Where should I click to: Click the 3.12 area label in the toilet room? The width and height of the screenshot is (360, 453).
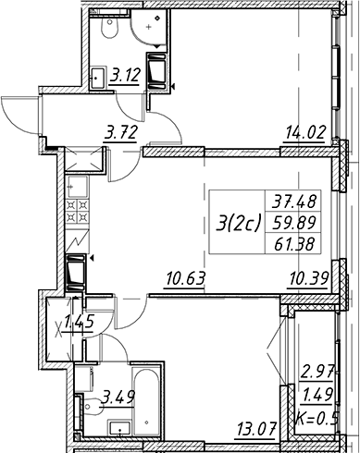pos(125,76)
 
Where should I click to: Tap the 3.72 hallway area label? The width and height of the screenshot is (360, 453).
pos(120,133)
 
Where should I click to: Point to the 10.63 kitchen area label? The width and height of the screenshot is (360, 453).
pos(185,278)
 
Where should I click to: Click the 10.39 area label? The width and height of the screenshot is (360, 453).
pos(308,278)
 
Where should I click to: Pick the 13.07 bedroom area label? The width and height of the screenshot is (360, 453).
pos(255,428)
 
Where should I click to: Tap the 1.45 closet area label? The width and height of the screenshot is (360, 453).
pos(79,323)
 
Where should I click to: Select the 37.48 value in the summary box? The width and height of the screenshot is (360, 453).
pos(294,202)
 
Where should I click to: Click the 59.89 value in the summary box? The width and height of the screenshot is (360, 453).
pos(294,223)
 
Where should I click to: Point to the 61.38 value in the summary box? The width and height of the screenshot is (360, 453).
pos(294,244)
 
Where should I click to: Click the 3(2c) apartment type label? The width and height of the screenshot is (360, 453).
pos(238,223)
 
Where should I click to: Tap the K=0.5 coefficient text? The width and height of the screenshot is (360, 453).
pos(317,419)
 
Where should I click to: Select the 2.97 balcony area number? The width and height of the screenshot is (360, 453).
pos(318,373)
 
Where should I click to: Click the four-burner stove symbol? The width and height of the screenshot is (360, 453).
pos(78,211)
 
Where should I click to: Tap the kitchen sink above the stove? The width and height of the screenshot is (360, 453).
pos(78,187)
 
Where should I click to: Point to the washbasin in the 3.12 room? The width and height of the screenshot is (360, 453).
pos(98,78)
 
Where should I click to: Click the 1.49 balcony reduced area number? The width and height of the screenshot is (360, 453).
pos(318,395)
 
